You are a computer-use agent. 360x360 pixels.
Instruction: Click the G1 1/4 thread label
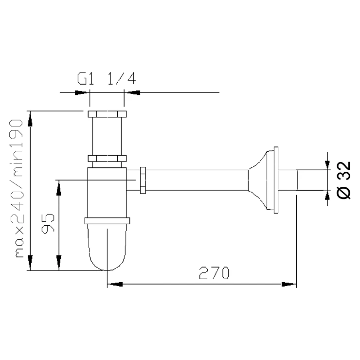pyautogui.click(x=107, y=78)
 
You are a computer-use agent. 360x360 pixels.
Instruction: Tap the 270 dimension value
pyautogui.click(x=214, y=273)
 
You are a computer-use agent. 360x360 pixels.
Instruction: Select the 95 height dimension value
pyautogui.click(x=48, y=224)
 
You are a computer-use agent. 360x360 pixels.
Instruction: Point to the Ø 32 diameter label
pyautogui.click(x=343, y=180)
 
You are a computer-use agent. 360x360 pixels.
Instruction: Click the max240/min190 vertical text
pyautogui.click(x=17, y=188)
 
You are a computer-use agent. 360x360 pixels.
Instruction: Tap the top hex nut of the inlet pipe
pyautogui.click(x=107, y=114)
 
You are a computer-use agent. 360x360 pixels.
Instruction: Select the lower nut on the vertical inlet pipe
pyautogui.click(x=107, y=159)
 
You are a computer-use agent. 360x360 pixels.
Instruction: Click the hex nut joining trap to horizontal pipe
pyautogui.click(x=143, y=180)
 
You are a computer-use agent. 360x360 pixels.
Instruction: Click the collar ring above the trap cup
pyautogui.click(x=107, y=221)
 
